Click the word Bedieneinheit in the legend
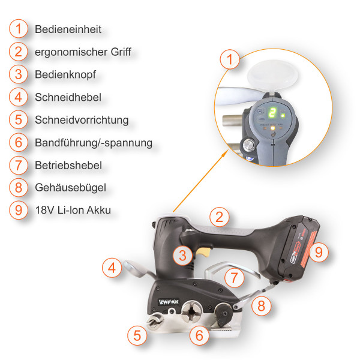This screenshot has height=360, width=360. pos(68,29)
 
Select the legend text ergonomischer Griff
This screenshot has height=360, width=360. pos(83,52)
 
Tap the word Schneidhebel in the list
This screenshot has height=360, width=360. pos(68,97)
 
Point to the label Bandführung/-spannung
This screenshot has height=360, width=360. pos(94,143)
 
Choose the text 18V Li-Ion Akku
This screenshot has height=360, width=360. pos(73,210)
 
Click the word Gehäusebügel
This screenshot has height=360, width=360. pos(70,188)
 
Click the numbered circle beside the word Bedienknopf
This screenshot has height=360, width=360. pos(19,74)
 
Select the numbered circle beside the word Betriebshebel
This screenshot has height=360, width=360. pos(19,165)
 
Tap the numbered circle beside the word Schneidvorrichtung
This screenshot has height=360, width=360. pos(19,119)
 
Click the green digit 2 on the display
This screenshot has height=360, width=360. pos(272,113)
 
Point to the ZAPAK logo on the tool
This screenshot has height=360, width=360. pos(169,302)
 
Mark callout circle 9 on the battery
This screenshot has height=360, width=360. pos(319,253)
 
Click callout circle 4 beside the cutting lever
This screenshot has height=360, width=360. pos(112,268)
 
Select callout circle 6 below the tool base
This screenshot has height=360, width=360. pos(200,335)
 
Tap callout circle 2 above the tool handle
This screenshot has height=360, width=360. pos(219,217)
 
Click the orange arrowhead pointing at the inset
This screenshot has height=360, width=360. pos(225,153)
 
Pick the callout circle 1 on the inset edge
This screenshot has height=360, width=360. pos(230,59)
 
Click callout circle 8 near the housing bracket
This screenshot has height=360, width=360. pos(261,306)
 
